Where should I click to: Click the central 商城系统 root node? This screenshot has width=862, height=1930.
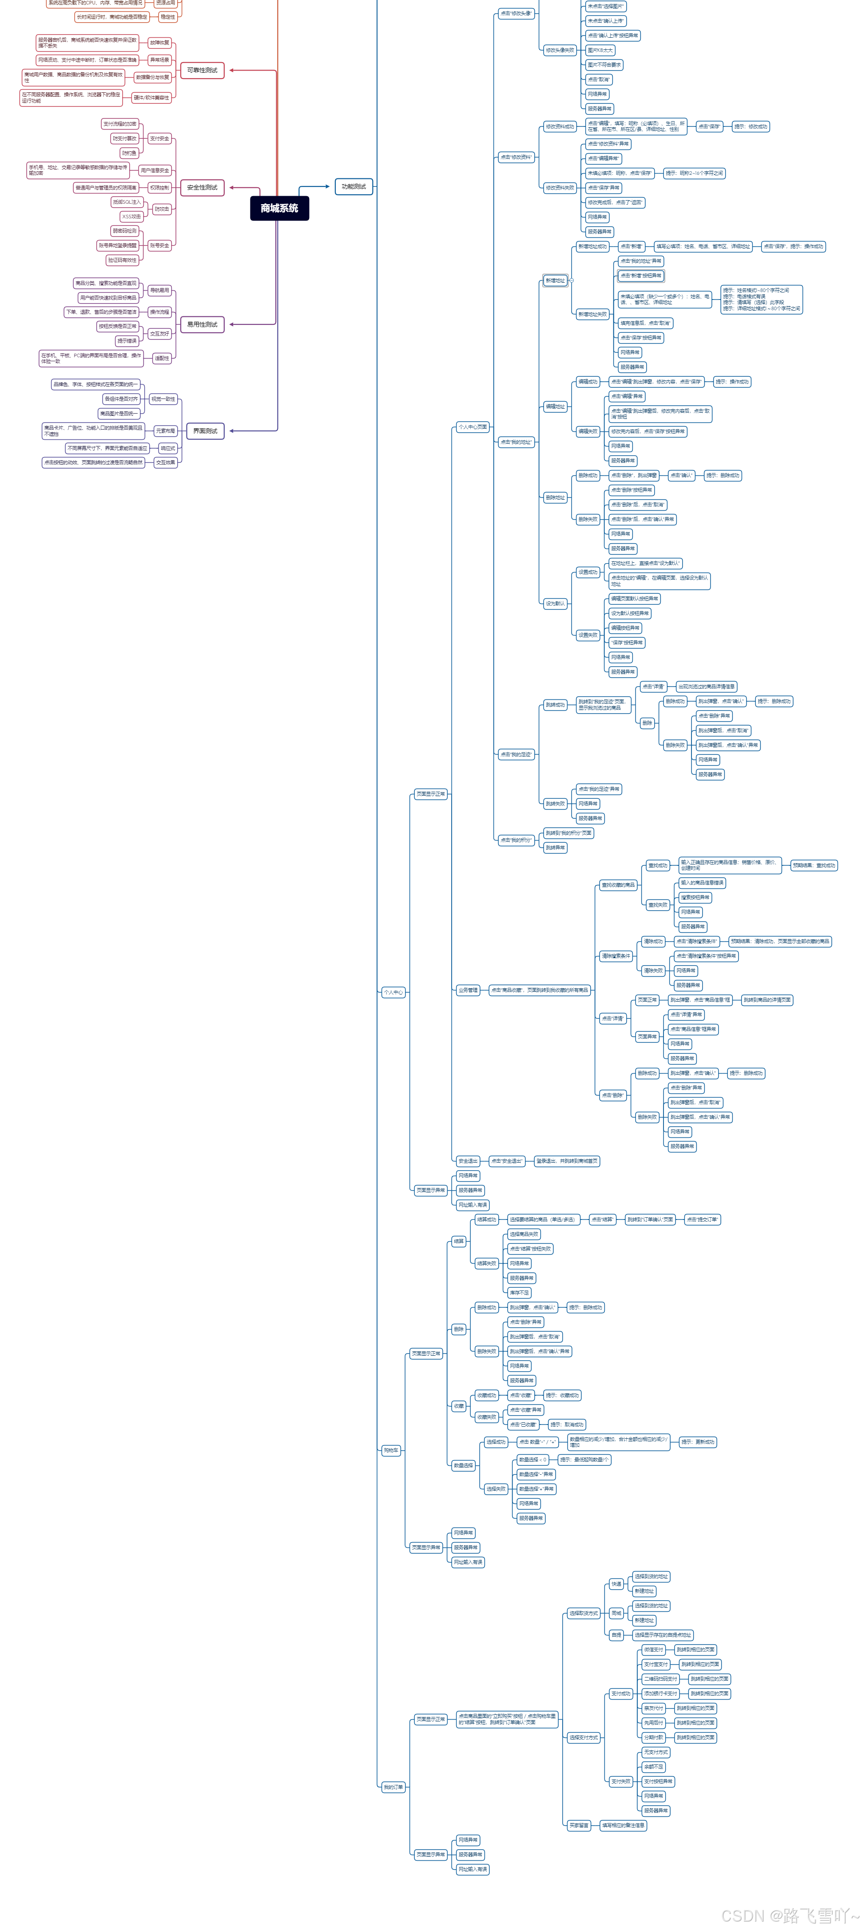click(x=279, y=208)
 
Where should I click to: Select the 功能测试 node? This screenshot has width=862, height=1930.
click(x=354, y=186)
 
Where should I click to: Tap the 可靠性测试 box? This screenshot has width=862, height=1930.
click(x=203, y=71)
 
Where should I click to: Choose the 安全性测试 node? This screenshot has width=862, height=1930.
click(x=203, y=187)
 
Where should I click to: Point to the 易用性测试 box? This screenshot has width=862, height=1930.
click(x=203, y=324)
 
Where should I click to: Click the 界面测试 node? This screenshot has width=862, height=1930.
click(x=205, y=431)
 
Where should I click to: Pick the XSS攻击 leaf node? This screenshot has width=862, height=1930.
click(x=131, y=217)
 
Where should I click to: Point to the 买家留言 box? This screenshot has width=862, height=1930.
click(x=579, y=1825)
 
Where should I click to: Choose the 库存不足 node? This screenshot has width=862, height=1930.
click(x=519, y=1292)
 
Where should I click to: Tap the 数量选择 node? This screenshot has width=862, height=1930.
click(x=463, y=1465)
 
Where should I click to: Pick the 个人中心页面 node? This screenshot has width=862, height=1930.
click(x=472, y=427)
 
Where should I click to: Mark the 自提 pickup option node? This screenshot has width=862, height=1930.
click(x=616, y=1635)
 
